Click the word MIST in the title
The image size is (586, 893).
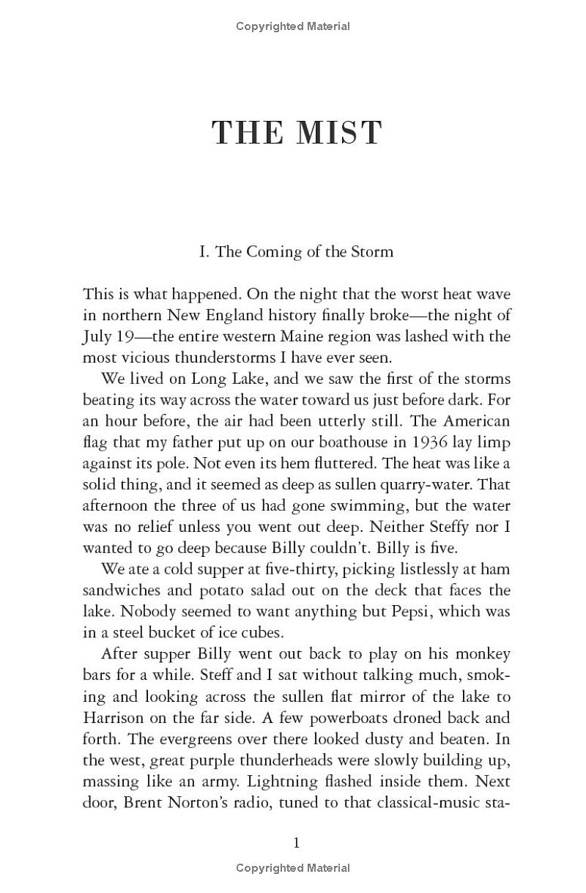click(338, 133)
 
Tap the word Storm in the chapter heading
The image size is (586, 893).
click(371, 252)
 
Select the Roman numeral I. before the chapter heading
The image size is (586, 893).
click(204, 252)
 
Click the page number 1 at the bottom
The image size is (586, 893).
click(297, 843)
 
